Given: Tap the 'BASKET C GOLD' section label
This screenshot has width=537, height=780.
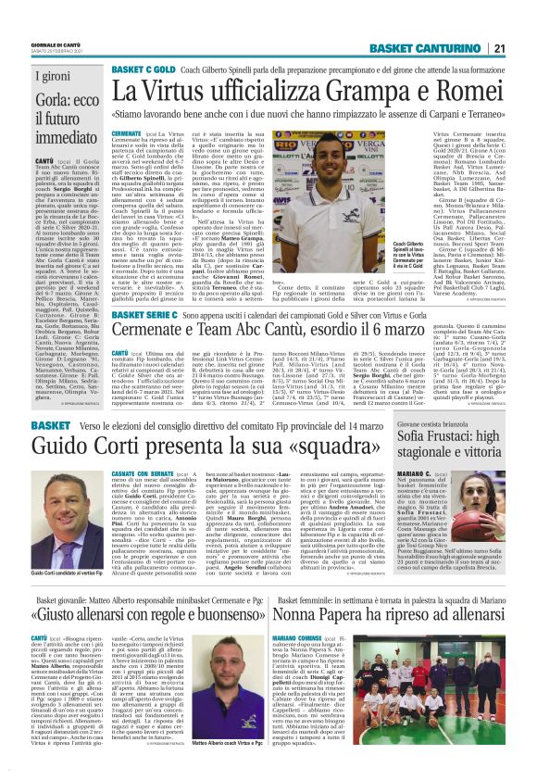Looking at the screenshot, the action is pos(142,69).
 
